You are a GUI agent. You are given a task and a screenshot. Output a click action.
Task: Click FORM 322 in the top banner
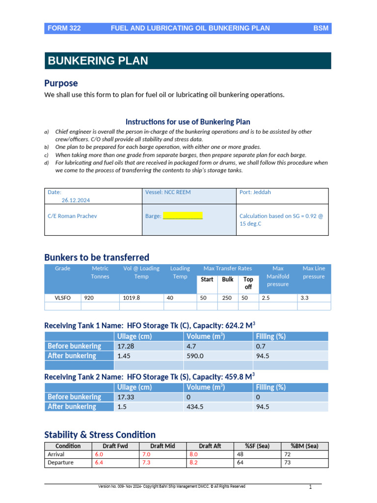pos(64,28)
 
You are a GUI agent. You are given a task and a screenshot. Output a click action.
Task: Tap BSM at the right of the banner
pos(321,28)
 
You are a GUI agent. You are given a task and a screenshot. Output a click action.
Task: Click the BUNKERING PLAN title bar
pos(98,61)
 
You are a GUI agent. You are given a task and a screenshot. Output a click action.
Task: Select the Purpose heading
pos(61,83)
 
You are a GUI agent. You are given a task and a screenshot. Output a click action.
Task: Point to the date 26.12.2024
pos(76,200)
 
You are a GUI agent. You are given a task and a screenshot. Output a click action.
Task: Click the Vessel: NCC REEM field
pos(168,192)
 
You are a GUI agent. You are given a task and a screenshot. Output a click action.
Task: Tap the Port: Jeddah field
pos(255,192)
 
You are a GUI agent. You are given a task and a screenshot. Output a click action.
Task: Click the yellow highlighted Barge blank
pos(183,216)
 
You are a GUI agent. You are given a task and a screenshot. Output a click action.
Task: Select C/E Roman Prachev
pos(72,216)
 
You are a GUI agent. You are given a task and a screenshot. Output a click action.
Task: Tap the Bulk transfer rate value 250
pos(227,298)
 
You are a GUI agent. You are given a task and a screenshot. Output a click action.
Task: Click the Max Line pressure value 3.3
pos(304,298)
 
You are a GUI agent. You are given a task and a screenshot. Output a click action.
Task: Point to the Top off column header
pos(248,283)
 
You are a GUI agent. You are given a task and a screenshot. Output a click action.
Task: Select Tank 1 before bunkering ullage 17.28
pos(125,346)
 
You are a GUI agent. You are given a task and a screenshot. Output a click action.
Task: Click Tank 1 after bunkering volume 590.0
pos(195,356)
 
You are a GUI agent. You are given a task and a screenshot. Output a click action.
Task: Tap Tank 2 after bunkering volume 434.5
pos(195,407)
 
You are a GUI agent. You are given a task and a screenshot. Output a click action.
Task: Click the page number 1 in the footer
pos(310,487)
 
